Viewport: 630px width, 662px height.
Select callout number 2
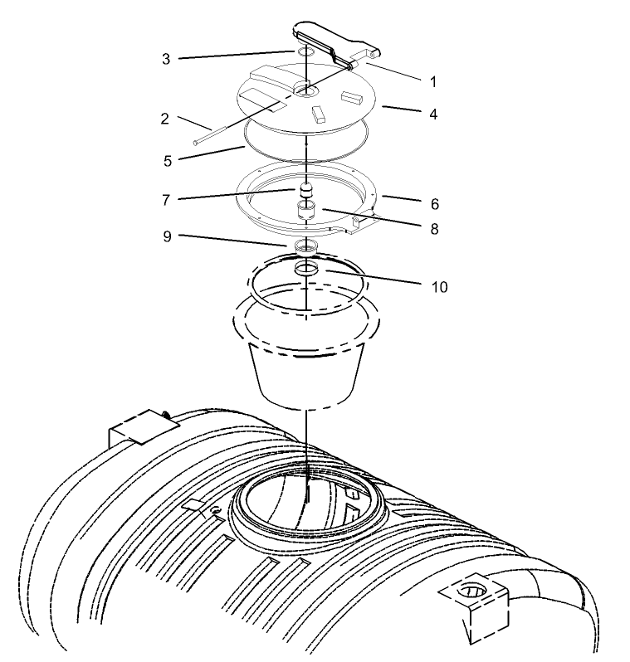click(x=165, y=119)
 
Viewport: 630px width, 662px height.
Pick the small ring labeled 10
click(x=307, y=269)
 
